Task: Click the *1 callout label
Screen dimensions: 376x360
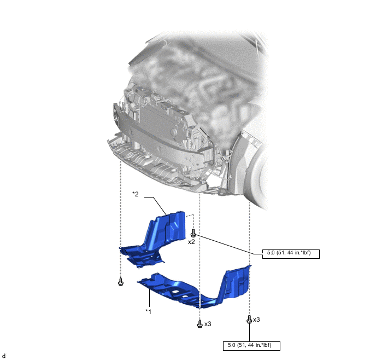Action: click(149, 311)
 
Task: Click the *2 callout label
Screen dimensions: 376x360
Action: click(136, 194)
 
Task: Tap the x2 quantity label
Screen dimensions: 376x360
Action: click(191, 242)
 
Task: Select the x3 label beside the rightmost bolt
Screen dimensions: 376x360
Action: click(256, 320)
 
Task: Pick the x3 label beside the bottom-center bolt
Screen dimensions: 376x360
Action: click(208, 324)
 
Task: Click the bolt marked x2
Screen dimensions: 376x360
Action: click(193, 233)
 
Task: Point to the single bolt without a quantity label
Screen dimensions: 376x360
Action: click(121, 281)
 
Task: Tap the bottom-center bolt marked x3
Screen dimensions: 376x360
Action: click(199, 323)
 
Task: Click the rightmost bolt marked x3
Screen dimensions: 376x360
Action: click(249, 319)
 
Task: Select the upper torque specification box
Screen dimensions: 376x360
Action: click(291, 254)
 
